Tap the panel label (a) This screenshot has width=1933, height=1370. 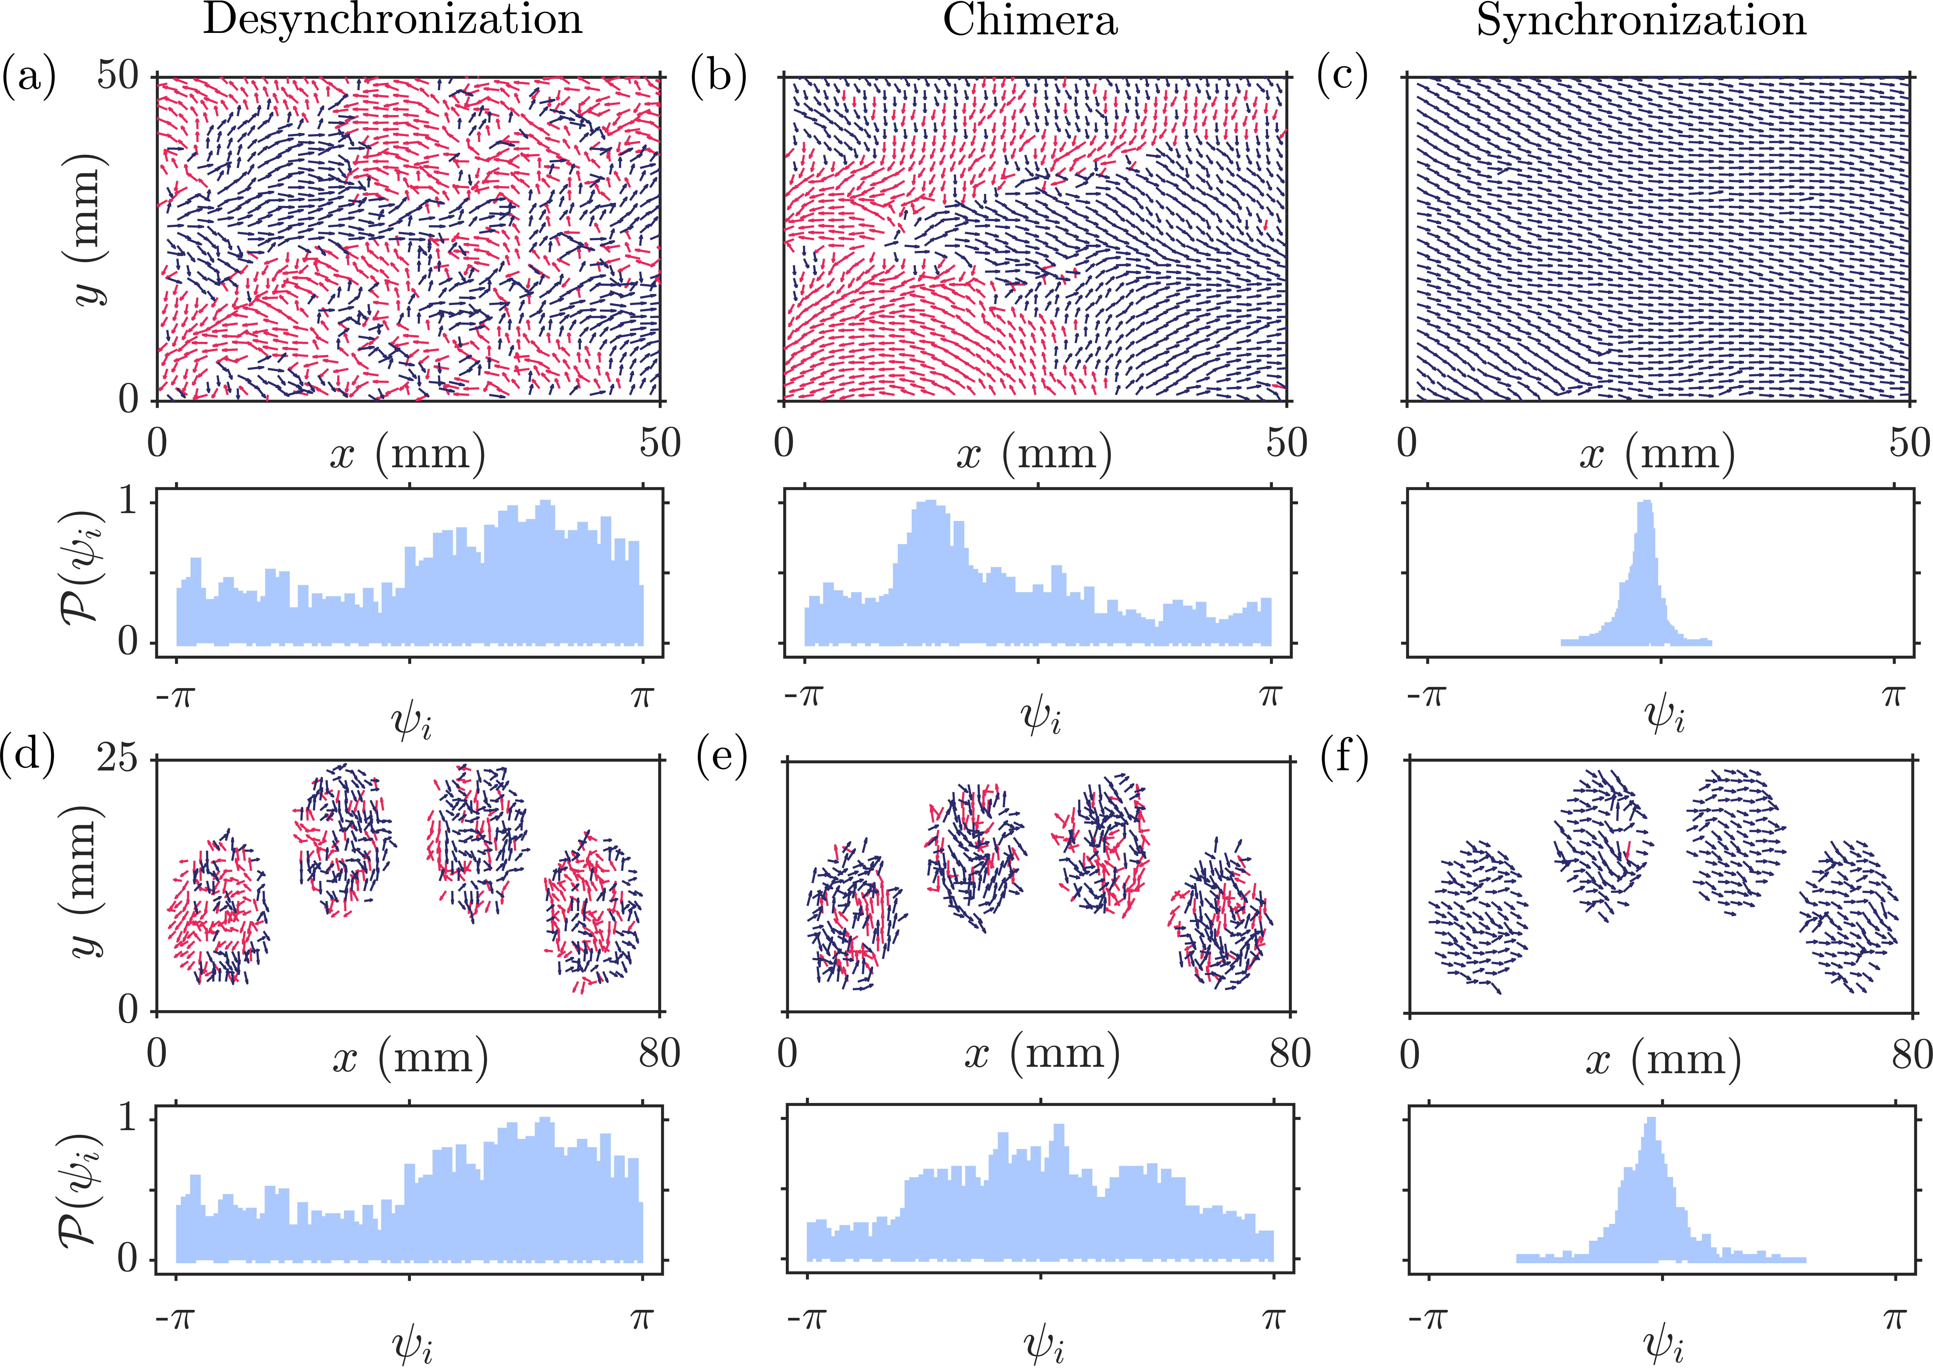coord(29,76)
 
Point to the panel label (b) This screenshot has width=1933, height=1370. coord(719,76)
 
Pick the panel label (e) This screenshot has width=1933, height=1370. coord(722,757)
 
